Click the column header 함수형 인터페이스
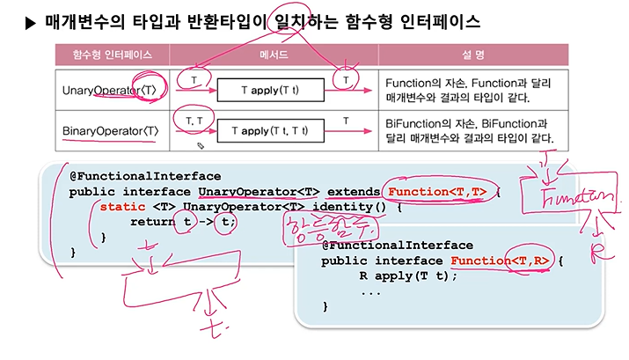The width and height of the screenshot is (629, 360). click(x=103, y=55)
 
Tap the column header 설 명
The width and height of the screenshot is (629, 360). click(x=473, y=55)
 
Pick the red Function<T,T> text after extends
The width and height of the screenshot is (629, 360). click(x=436, y=191)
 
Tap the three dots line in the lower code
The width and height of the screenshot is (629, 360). click(x=370, y=291)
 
